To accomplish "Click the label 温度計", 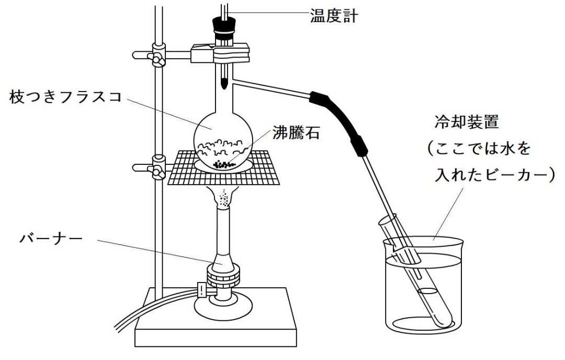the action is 334,16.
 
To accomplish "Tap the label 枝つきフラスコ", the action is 65,97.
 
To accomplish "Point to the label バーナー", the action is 51,238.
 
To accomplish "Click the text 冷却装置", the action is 467,122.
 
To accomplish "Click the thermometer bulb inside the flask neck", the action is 224,84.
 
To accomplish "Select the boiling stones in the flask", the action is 224,165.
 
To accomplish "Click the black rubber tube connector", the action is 338,122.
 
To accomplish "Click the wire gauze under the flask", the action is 223,167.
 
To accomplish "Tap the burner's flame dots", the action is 224,198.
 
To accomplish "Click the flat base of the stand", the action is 216,317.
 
